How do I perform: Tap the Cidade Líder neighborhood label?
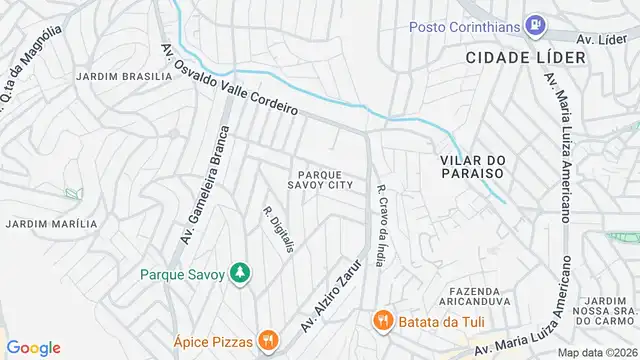[x=525, y=58]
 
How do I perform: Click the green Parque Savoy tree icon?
[x=239, y=272]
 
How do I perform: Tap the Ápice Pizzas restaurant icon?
[x=267, y=340]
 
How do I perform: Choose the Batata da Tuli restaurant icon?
[x=381, y=321]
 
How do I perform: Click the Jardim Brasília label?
[x=113, y=76]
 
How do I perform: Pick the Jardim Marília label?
[x=51, y=224]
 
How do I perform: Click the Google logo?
[x=33, y=348]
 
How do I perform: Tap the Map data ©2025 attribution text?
[x=597, y=352]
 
